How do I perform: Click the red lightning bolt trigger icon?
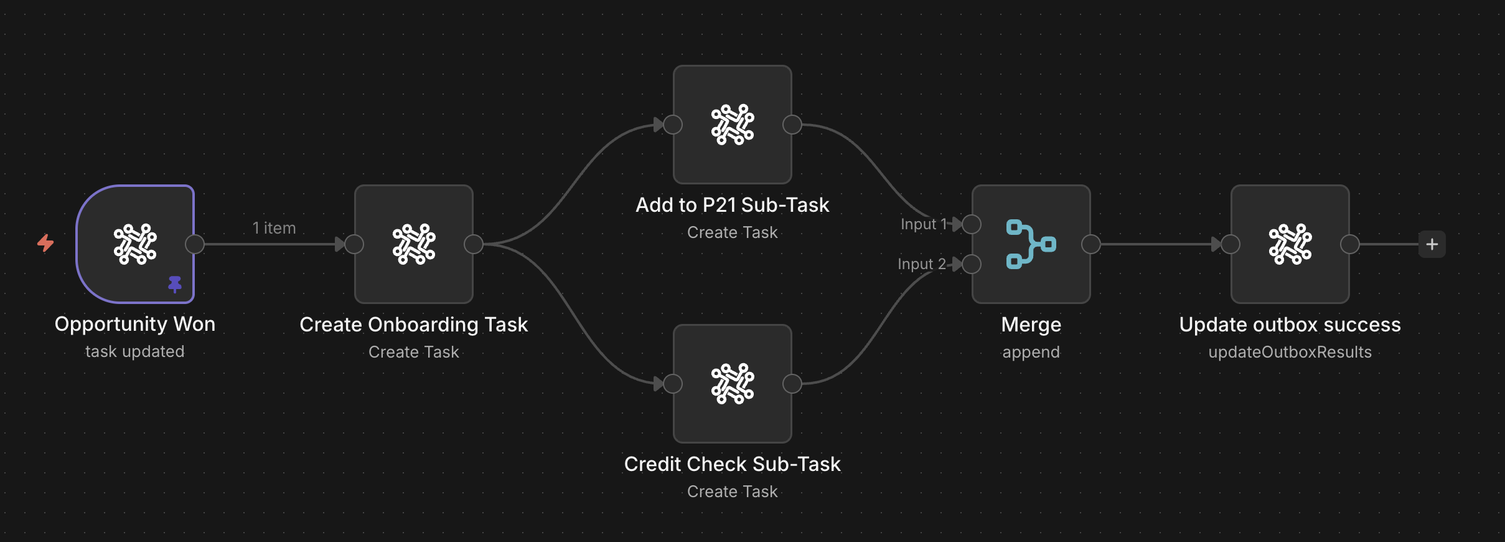pyautogui.click(x=45, y=243)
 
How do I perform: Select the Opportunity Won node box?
pyautogui.click(x=135, y=244)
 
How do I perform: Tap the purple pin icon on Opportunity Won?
pyautogui.click(x=175, y=284)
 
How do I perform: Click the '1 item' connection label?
pyautogui.click(x=274, y=228)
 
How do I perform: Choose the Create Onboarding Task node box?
pyautogui.click(x=414, y=244)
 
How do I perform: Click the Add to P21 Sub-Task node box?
pyautogui.click(x=733, y=125)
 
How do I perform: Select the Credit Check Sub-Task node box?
pyautogui.click(x=733, y=384)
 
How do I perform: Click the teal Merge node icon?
pyautogui.click(x=1031, y=244)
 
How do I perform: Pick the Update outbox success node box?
pyautogui.click(x=1290, y=244)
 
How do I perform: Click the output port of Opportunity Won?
pyautogui.click(x=195, y=244)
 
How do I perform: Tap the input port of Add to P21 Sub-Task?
pyautogui.click(x=673, y=125)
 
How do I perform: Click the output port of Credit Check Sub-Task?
pyautogui.click(x=792, y=384)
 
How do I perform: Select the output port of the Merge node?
pyautogui.click(x=1090, y=244)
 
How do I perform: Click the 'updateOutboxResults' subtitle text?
pyautogui.click(x=1290, y=352)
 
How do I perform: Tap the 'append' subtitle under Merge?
pyautogui.click(x=1031, y=352)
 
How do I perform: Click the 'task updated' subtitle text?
pyautogui.click(x=135, y=351)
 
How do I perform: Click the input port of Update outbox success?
pyautogui.click(x=1231, y=244)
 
